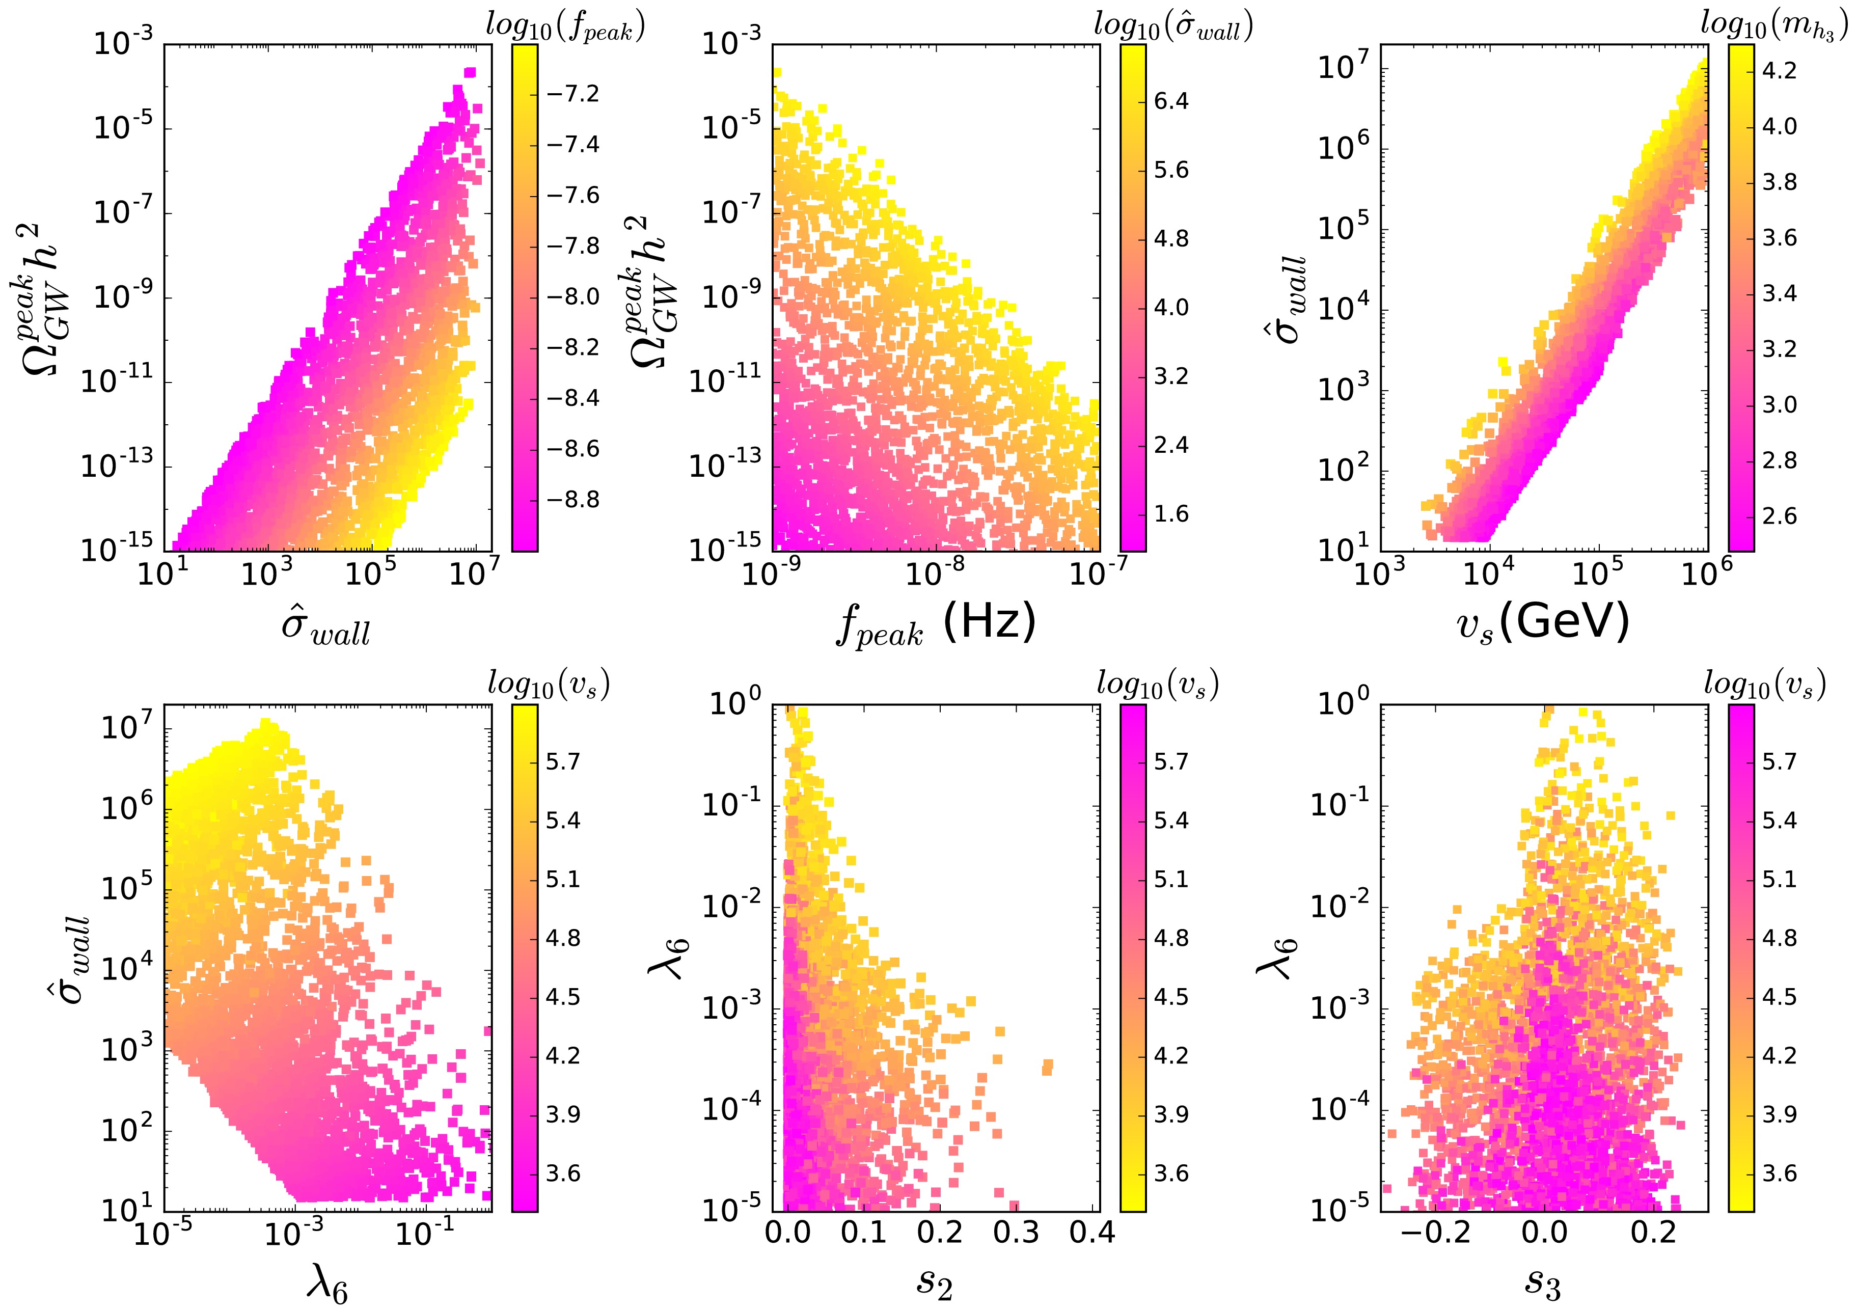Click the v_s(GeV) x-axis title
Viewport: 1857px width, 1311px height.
pyautogui.click(x=1542, y=623)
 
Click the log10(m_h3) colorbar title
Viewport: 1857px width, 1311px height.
pyautogui.click(x=1773, y=26)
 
